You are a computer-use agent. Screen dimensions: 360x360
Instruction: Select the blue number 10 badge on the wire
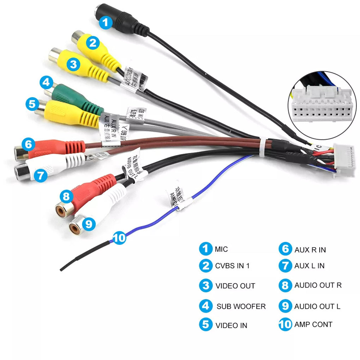click(x=119, y=238)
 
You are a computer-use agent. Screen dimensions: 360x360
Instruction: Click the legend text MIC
click(x=221, y=249)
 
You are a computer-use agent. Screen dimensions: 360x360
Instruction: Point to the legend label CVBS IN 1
click(x=232, y=266)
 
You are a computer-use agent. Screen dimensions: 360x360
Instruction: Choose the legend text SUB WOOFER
click(x=241, y=306)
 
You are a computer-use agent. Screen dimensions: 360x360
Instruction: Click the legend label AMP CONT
click(x=313, y=324)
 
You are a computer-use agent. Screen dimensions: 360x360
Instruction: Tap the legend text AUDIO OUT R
click(x=318, y=285)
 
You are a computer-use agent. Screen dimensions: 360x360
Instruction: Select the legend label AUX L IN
click(x=309, y=266)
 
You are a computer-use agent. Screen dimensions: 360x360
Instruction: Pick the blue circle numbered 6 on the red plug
click(x=29, y=144)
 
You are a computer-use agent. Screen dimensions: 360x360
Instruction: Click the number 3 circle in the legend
click(x=206, y=286)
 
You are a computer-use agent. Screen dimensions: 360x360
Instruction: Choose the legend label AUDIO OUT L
click(x=317, y=306)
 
